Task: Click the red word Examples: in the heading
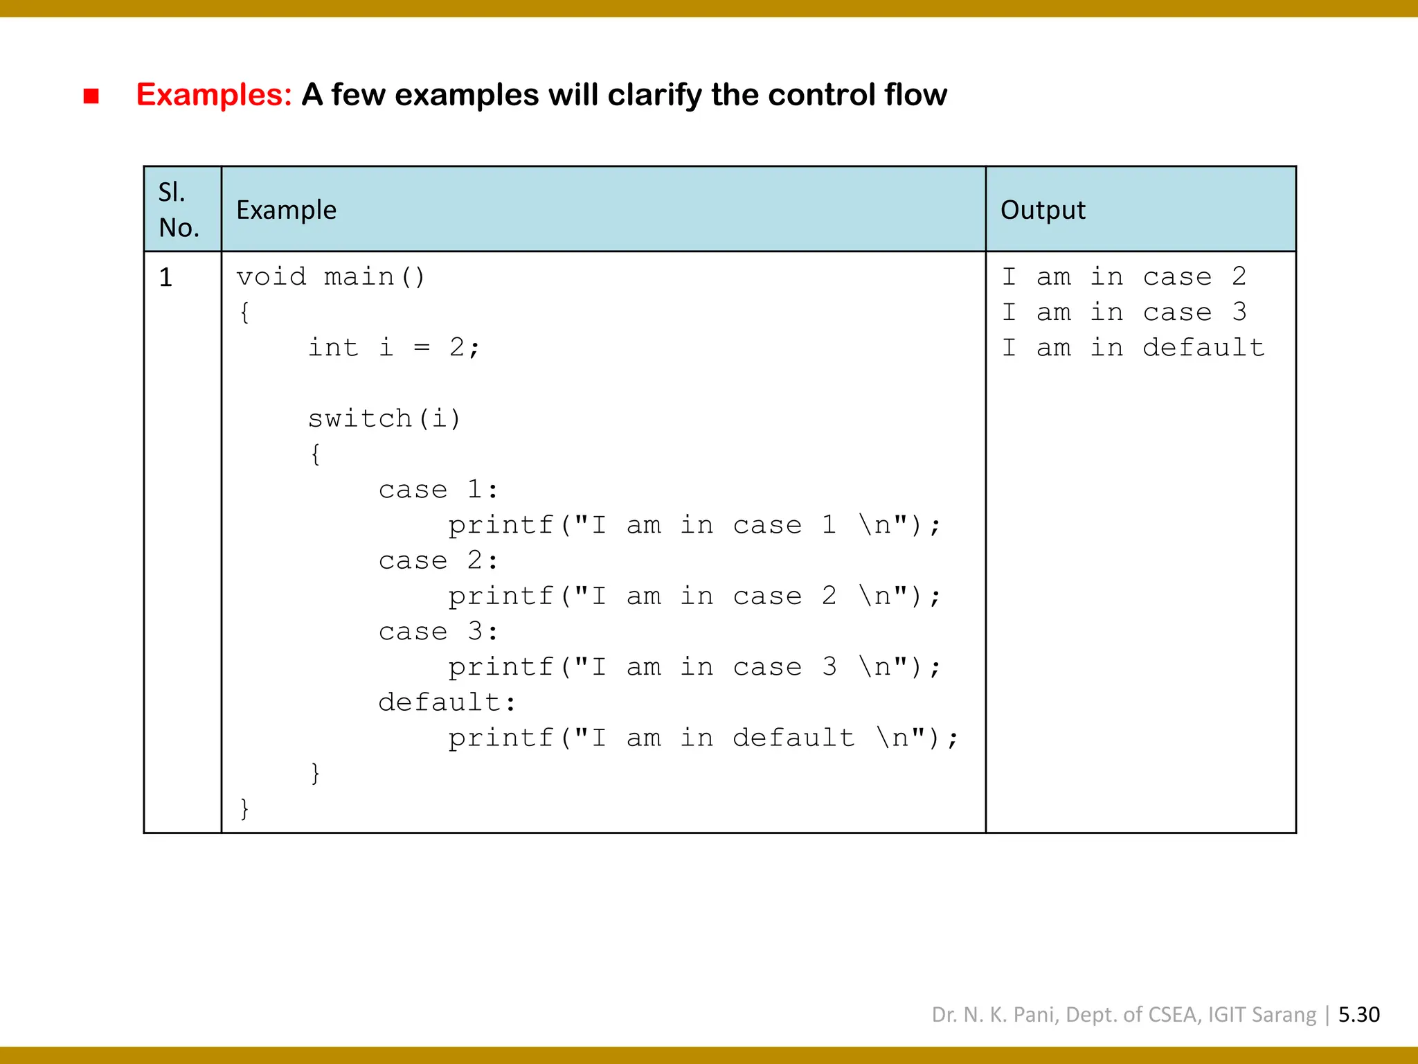214,95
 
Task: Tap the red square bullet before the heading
91,96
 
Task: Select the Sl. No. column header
179,209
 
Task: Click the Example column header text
286,210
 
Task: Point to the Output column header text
1043,210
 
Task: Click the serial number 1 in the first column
165,278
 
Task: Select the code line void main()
331,277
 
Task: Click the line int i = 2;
393,348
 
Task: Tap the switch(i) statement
384,418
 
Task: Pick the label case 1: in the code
438,490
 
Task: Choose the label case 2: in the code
438,560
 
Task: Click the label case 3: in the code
438,632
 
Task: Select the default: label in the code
447,702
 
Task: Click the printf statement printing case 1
694,525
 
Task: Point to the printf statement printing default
703,738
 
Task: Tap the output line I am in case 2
1124,277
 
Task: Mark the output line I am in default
1133,348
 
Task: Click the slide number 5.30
1358,1015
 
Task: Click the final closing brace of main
244,808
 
